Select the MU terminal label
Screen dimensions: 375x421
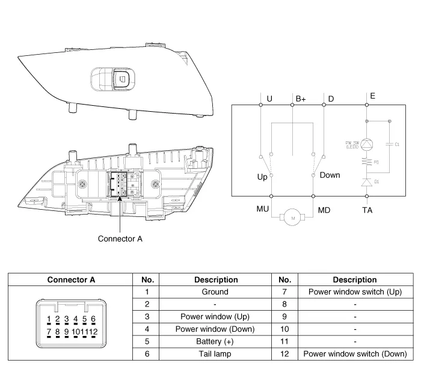tap(262, 209)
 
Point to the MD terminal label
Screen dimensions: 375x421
tap(324, 209)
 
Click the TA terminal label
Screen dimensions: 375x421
tap(367, 210)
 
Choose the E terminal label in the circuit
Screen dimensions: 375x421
tap(373, 96)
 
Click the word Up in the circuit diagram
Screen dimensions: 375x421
tap(262, 177)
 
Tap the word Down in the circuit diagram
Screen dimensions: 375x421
tap(330, 175)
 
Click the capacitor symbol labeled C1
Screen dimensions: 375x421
tap(390, 144)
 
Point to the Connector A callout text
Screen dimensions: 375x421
tap(120, 239)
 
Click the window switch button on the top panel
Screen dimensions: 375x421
tap(118, 78)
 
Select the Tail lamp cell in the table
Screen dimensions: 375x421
tap(215, 354)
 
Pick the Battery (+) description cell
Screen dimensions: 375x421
tap(215, 341)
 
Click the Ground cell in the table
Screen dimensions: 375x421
tap(215, 291)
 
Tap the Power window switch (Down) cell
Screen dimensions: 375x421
tap(355, 354)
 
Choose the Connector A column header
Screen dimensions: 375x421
tap(71, 279)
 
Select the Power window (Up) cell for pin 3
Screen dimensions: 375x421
tap(215, 316)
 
